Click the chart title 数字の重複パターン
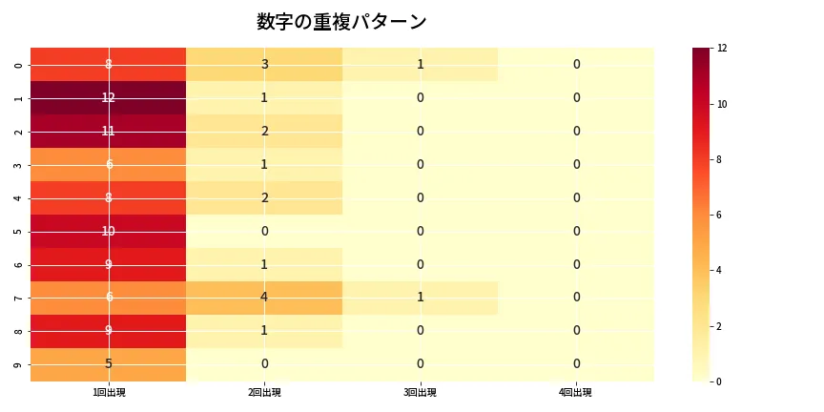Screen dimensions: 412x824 [x=341, y=22]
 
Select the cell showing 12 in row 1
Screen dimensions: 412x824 [x=109, y=98]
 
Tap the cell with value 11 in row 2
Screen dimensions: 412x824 [x=109, y=132]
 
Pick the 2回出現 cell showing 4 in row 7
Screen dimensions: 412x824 [x=264, y=298]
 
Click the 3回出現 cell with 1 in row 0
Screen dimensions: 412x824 [x=420, y=65]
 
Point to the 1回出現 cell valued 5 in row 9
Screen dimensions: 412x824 [x=109, y=364]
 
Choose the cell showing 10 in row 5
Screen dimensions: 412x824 [x=109, y=231]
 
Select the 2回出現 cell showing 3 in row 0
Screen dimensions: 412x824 [x=264, y=65]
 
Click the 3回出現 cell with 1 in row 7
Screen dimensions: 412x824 [x=420, y=298]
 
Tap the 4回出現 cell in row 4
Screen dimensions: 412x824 [x=576, y=197]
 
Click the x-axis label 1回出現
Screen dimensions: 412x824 [x=109, y=393]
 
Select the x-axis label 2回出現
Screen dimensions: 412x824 [x=264, y=393]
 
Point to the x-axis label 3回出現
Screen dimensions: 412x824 [x=420, y=393]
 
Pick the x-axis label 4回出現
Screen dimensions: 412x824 [x=576, y=393]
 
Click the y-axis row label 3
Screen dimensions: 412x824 [x=20, y=165]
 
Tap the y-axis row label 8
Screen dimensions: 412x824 [x=20, y=331]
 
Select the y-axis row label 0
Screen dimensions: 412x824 [x=20, y=65]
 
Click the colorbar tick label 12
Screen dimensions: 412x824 [x=723, y=49]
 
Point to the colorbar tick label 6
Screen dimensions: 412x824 [x=720, y=216]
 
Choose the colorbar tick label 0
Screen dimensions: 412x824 [x=720, y=381]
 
